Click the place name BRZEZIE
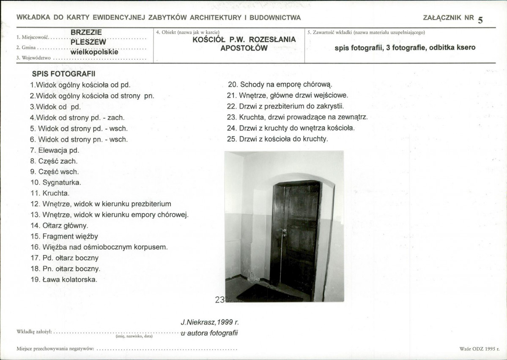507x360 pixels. pos(86,32)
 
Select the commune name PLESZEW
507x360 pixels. pos(88,42)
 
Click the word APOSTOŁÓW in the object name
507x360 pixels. pos(244,48)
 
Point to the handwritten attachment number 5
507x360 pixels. pos(480,20)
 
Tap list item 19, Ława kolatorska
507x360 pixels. pos(63,279)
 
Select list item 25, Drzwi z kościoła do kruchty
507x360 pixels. pos(277,139)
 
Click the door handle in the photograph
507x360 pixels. pos(284,232)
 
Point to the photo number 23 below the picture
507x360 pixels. pos(219,300)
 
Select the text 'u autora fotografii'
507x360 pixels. pos(209,333)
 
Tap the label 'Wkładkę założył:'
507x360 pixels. pos(34,332)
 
